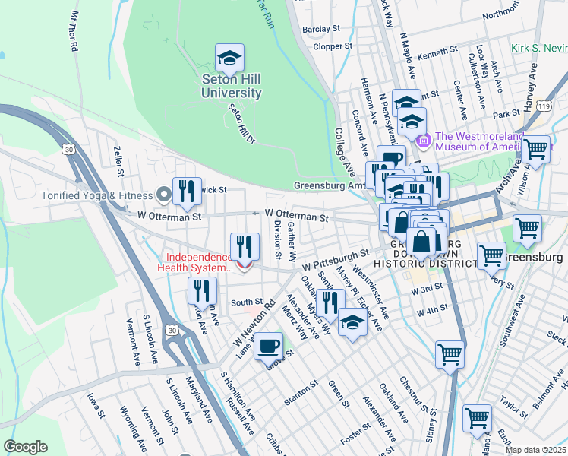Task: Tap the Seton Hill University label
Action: pyautogui.click(x=232, y=86)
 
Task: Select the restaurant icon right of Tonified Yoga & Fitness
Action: pyautogui.click(x=187, y=192)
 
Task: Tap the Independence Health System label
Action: pyautogui.click(x=194, y=262)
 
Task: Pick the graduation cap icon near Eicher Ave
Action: pyautogui.click(x=352, y=322)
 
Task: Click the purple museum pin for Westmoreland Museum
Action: pyautogui.click(x=423, y=140)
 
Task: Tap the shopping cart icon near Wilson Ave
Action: pyautogui.click(x=536, y=149)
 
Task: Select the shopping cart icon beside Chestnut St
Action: pyautogui.click(x=450, y=354)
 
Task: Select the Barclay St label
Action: pyautogui.click(x=320, y=29)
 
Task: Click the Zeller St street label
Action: pyautogui.click(x=118, y=162)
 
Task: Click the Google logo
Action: pyautogui.click(x=25, y=447)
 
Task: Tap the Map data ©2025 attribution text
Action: pyautogui.click(x=535, y=450)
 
